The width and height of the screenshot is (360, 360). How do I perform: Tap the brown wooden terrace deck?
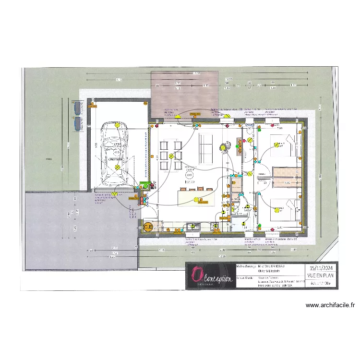pos(185,94)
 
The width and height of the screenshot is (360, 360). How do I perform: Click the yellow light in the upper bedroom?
pos(276,146)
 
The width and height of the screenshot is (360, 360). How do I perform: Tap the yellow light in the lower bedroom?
pos(276,209)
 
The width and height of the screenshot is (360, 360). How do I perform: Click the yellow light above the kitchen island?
pos(195,199)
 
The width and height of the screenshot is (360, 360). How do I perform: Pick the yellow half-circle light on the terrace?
pos(178,116)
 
